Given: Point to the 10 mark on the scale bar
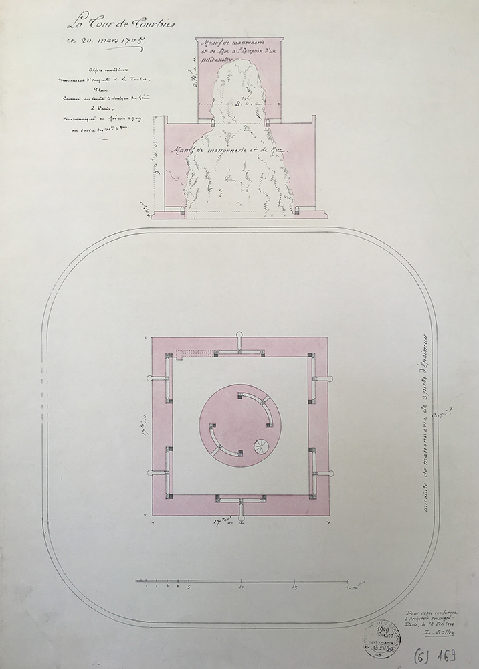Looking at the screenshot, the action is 241,586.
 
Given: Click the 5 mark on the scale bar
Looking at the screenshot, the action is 188,586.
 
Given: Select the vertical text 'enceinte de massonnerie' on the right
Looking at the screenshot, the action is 425,428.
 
